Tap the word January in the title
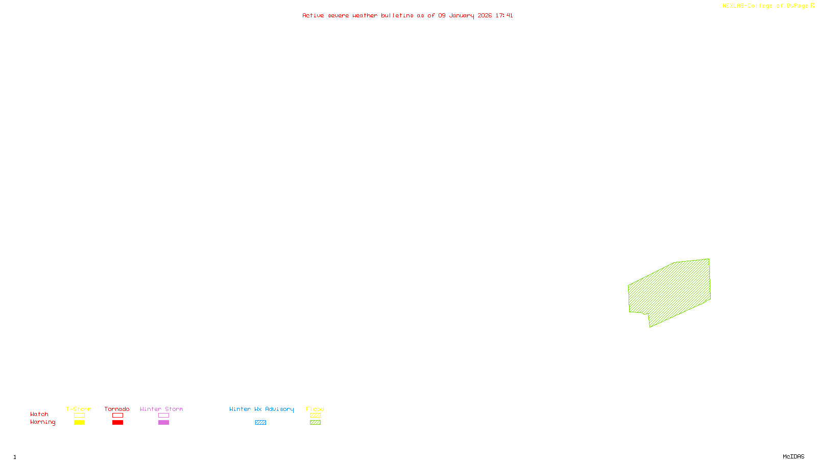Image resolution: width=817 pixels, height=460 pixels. coord(462,15)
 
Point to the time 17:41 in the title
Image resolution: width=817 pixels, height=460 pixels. coord(504,15)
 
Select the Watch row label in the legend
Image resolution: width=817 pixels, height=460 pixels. coord(39,415)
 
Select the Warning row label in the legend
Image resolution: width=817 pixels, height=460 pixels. coord(43,422)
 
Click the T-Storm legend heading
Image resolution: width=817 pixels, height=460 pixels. coord(79,409)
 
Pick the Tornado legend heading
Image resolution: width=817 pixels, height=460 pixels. coord(117,409)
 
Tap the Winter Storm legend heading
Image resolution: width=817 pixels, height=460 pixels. coord(161,409)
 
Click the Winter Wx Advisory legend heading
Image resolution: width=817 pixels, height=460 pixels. coord(261,409)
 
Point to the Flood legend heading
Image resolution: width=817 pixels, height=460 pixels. coord(315,409)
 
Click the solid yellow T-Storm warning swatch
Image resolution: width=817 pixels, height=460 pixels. coord(79,423)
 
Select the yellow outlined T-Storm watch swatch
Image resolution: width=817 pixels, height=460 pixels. coord(79,416)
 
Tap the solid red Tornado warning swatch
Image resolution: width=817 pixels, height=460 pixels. coord(118,423)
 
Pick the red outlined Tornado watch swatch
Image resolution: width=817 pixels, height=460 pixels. coord(118,416)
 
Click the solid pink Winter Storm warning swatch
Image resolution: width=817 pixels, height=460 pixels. coord(163,423)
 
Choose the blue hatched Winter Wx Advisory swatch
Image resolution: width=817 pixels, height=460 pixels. coord(260,423)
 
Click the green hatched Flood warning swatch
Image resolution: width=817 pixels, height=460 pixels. coord(316,423)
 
